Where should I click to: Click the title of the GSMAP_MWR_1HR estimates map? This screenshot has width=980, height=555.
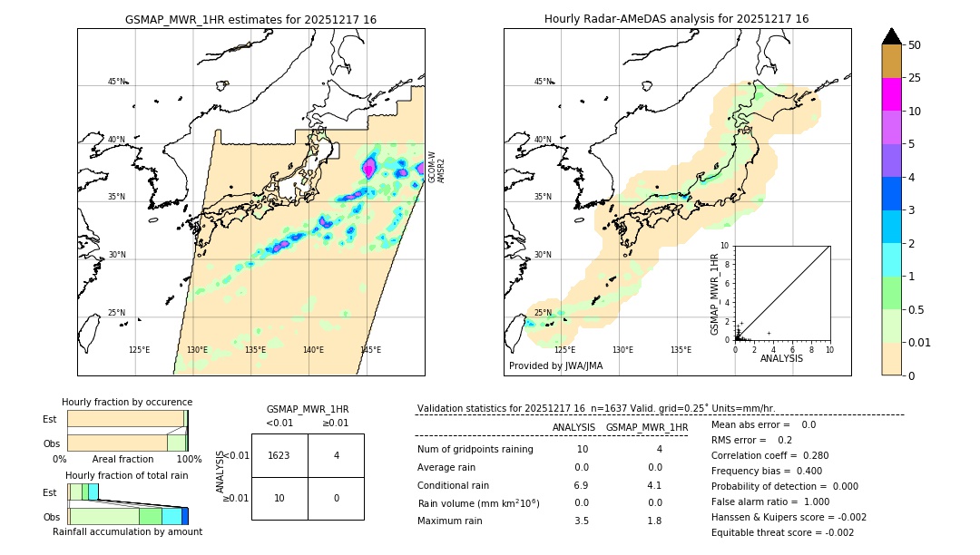(x=250, y=19)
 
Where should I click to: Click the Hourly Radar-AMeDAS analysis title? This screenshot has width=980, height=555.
(x=676, y=19)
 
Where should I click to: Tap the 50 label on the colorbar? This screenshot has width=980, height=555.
(x=915, y=45)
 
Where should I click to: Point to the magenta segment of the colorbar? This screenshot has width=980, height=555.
(x=891, y=94)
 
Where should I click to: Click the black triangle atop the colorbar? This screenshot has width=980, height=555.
(x=891, y=36)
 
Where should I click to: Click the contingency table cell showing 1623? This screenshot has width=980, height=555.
(x=279, y=455)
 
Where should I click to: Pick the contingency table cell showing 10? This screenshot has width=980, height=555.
(x=279, y=499)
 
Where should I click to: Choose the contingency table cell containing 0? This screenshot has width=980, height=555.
(x=336, y=499)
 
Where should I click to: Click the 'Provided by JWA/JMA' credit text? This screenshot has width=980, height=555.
(x=555, y=366)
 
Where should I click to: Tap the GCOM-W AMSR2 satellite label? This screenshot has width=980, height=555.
(x=436, y=168)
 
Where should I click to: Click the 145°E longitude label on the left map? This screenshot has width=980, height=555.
(x=370, y=350)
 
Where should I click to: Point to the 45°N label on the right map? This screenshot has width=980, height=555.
(x=543, y=82)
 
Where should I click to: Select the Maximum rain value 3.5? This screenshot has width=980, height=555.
(x=582, y=521)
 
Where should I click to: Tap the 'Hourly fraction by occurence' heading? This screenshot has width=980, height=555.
(x=127, y=402)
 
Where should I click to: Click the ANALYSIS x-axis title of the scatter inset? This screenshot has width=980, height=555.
(x=782, y=358)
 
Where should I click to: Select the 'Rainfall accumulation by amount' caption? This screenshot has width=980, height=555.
(x=127, y=531)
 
